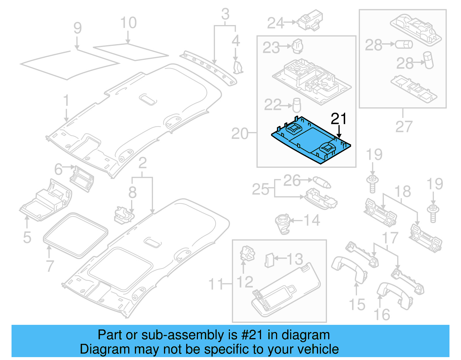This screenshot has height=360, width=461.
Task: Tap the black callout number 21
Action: pos(339,119)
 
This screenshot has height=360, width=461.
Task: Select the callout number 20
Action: pos(239,134)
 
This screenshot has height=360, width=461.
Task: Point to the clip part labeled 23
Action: pos(297,46)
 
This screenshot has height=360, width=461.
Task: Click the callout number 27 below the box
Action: pos(404,127)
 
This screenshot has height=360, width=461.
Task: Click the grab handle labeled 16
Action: pos(395,294)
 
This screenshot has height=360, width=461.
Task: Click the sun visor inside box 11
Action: pos(285,291)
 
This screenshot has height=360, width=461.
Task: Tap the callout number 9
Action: pos(78,28)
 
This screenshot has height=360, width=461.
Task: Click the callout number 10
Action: pos(128,23)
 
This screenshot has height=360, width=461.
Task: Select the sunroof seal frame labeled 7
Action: pos(75,235)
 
